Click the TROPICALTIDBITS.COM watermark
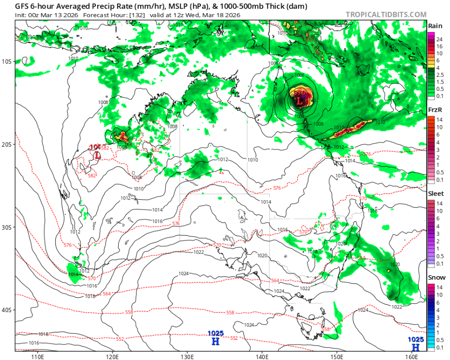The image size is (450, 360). coord(386,15)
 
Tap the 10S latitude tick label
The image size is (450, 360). coord(8,61)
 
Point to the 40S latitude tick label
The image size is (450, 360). coord(8,310)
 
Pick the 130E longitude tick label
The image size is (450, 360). coord(187,356)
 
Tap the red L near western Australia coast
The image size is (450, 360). coord(97,154)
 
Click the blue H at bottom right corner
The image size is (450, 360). coord(415,347)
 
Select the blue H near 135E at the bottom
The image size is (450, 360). coord(215,341)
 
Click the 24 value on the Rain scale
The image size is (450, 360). coord(439,39)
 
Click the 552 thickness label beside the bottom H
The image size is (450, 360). coord(234,338)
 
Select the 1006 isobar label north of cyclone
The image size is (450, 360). coord(299,75)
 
